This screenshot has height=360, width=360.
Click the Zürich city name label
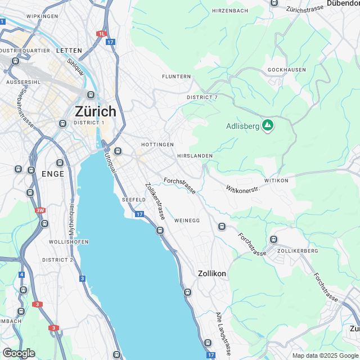click(x=95, y=111)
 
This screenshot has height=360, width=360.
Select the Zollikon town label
click(x=212, y=273)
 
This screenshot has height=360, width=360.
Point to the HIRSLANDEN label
click(x=195, y=155)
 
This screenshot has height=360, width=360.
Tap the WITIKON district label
click(x=276, y=181)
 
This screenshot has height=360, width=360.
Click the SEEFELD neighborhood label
click(x=134, y=200)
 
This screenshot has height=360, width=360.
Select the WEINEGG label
click(x=187, y=220)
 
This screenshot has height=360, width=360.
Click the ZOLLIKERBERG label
click(x=298, y=250)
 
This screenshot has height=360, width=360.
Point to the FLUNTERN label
click(x=176, y=76)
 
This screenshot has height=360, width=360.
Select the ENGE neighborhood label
click(x=53, y=174)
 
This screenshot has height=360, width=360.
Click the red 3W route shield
click(x=40, y=211)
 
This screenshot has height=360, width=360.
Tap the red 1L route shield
click(x=101, y=34)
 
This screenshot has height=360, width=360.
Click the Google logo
click(x=19, y=353)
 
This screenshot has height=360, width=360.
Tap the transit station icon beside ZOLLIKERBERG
click(x=273, y=239)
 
